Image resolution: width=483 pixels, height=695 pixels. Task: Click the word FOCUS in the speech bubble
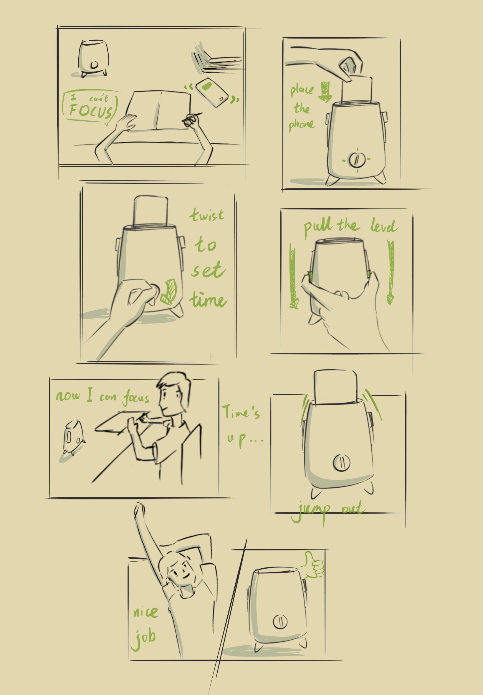[91, 110]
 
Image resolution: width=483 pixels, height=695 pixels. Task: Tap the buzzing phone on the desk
[212, 92]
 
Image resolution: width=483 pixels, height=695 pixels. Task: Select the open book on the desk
[159, 110]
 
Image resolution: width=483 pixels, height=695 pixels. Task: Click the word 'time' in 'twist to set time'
[208, 300]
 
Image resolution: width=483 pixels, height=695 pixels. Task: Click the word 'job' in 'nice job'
[144, 638]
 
